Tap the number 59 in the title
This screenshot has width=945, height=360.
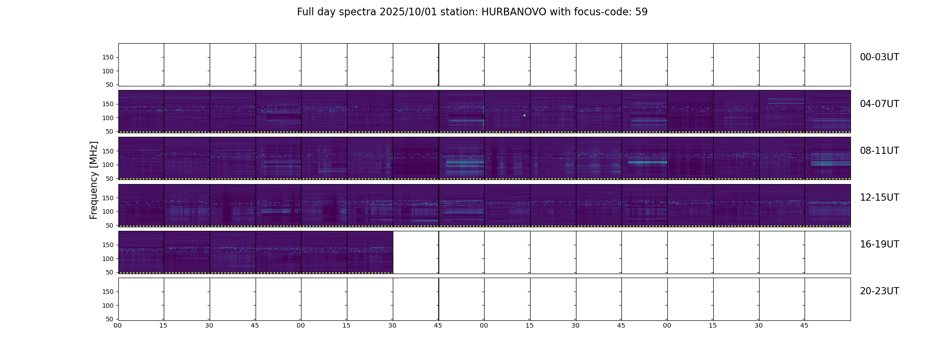click(x=641, y=12)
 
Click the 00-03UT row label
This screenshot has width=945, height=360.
click(x=879, y=57)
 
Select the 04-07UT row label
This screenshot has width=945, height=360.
click(x=879, y=104)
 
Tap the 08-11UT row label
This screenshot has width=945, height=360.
click(x=879, y=151)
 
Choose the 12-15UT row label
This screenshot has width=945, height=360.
click(x=879, y=198)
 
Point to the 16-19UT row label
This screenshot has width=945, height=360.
click(x=879, y=244)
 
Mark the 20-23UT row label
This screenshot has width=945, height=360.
click(x=879, y=291)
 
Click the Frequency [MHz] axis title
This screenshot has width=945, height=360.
click(x=94, y=180)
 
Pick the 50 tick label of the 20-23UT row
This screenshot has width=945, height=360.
click(x=109, y=319)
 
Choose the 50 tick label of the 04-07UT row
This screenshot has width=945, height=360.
click(x=109, y=132)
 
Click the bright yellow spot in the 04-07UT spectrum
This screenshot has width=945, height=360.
click(x=524, y=115)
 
